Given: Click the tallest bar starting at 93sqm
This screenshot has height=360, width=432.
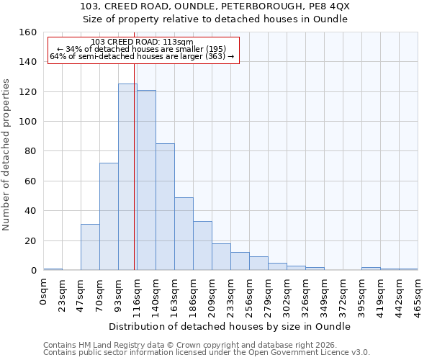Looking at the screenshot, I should click(x=127, y=177).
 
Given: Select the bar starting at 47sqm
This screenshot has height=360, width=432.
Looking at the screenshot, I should click(x=90, y=247).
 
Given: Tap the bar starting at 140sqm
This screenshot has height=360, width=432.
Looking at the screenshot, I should click(x=165, y=207).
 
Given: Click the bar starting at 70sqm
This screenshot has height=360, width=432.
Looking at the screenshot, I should click(x=109, y=216).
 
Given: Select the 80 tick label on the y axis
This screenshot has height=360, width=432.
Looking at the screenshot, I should click(x=30, y=151).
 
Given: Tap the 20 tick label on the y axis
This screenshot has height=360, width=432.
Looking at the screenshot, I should click(x=30, y=240).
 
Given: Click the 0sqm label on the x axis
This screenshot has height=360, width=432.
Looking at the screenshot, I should click(x=44, y=292).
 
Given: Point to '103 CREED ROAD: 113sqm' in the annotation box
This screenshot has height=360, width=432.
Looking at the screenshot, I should click(x=143, y=42).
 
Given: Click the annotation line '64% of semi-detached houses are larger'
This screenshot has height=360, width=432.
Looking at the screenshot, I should click(x=143, y=56).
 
